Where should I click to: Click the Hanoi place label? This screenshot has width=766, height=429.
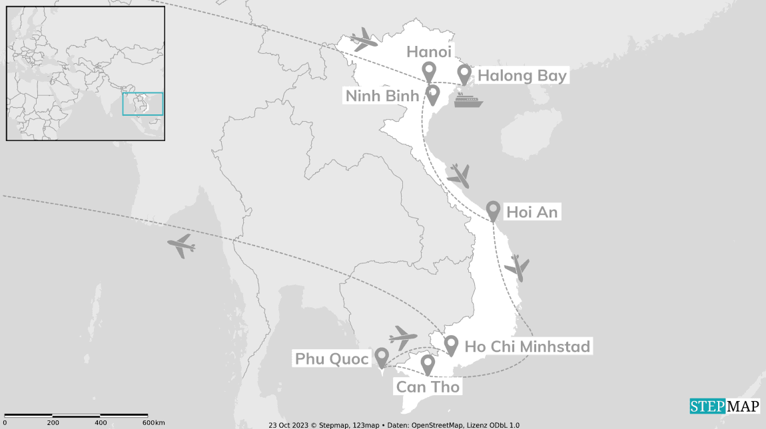click(x=429, y=52)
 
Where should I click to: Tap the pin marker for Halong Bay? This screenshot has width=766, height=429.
click(x=464, y=74)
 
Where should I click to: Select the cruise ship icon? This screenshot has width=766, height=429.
click(x=468, y=100)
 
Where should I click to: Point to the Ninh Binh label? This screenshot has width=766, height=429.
click(x=382, y=96)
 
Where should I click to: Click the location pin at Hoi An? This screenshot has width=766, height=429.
click(x=493, y=210)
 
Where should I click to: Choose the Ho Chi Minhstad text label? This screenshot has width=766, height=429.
click(x=527, y=347)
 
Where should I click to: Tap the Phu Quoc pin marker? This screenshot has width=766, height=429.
click(x=382, y=357)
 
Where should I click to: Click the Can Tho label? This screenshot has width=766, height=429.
click(x=428, y=386)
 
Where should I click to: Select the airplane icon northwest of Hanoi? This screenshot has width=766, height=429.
click(x=364, y=40)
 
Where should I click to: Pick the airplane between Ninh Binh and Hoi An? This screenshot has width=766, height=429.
click(x=458, y=176)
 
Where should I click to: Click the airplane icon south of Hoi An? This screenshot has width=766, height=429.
click(x=517, y=267)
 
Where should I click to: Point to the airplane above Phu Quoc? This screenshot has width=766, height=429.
click(x=402, y=338)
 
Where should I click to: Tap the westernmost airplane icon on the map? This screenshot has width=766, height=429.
click(x=181, y=246)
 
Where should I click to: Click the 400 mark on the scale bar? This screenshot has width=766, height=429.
click(x=101, y=423)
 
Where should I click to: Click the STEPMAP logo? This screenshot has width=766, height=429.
click(x=724, y=406)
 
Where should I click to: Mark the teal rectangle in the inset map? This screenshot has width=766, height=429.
click(x=143, y=104)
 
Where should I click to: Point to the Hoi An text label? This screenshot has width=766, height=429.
click(x=532, y=212)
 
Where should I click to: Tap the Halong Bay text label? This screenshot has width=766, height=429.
click(x=522, y=76)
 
